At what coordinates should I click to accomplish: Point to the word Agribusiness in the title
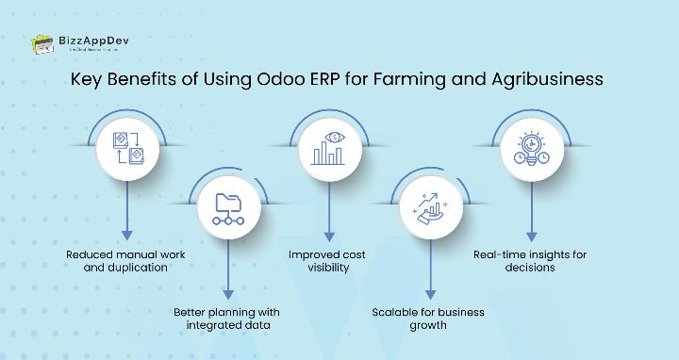click(x=547, y=79)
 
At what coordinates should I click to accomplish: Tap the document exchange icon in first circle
click(x=126, y=149)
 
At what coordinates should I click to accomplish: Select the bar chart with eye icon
click(x=328, y=149)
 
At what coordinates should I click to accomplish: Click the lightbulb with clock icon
click(x=531, y=149)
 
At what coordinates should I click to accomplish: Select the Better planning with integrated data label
click(x=226, y=319)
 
